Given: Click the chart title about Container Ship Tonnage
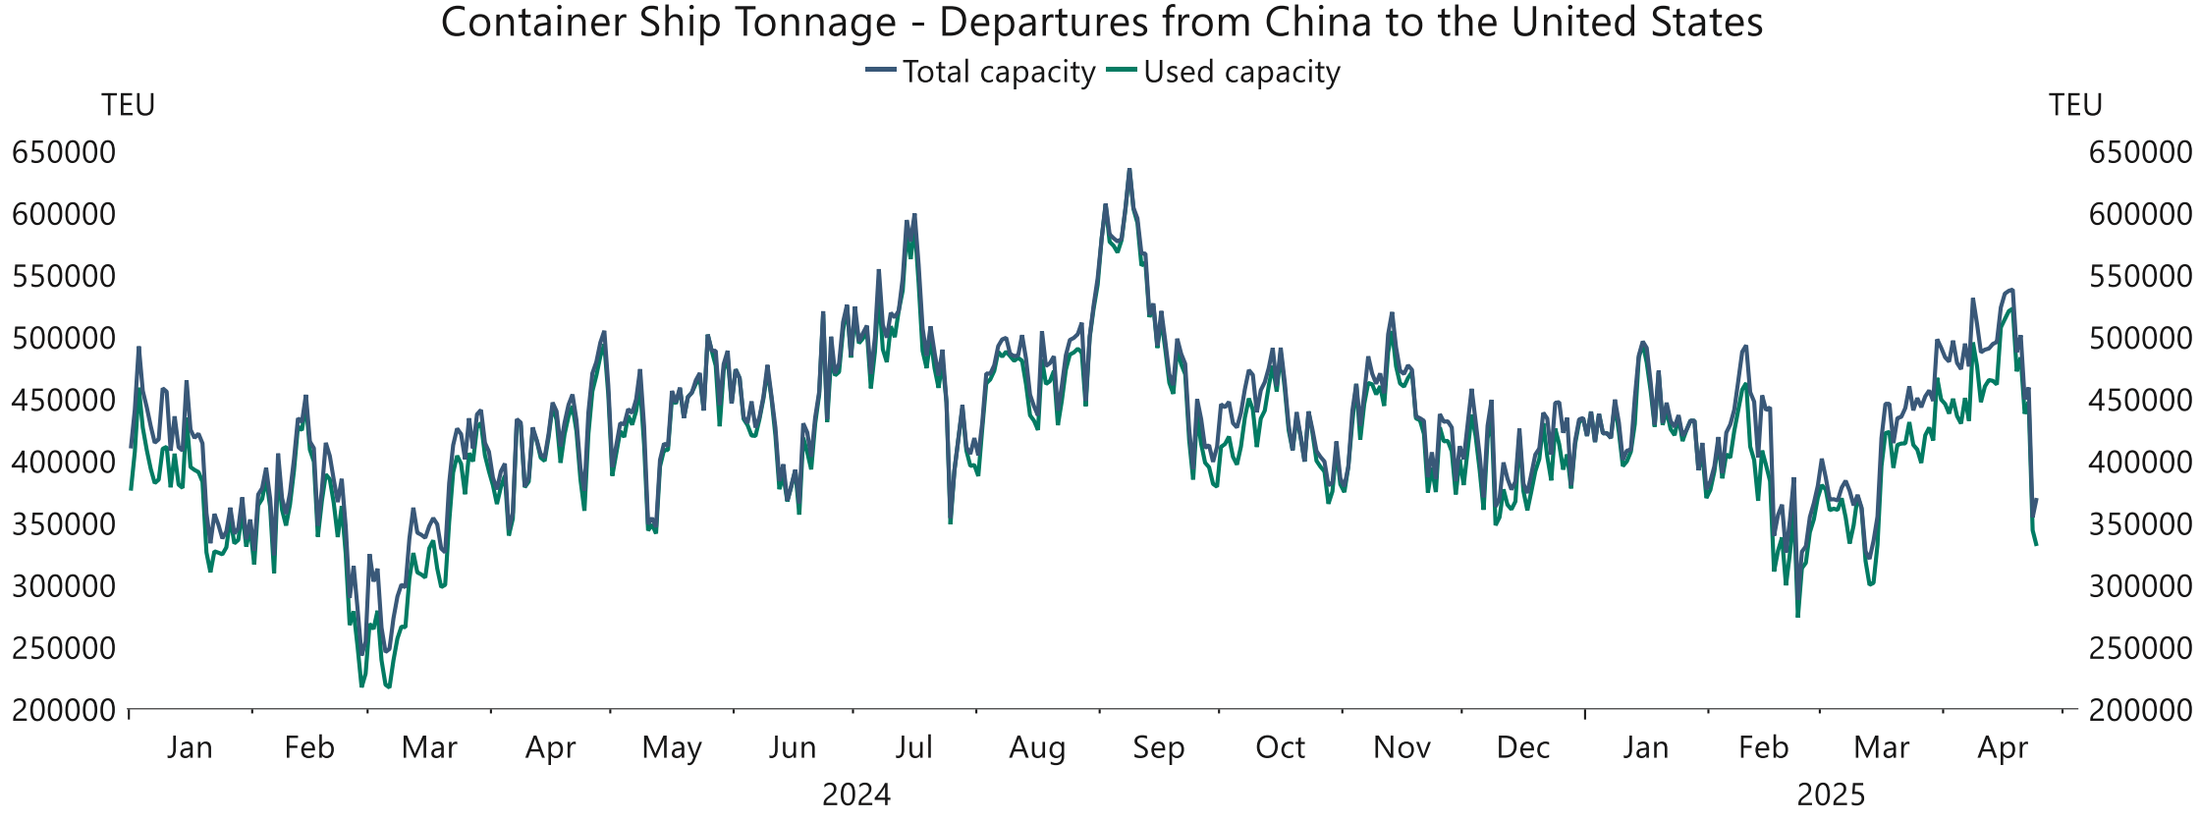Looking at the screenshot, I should pos(1101,23).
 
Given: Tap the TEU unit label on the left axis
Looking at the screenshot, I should pos(128,105).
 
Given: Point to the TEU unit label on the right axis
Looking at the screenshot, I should pos(2074,105).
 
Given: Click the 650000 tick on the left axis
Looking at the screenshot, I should pos(64,152).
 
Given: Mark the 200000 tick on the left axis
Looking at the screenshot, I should pos(64,710).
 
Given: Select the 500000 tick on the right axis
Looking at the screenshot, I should pos(2140,338).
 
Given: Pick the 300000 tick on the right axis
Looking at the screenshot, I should pos(2140,586).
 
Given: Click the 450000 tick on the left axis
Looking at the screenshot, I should pos(64,400).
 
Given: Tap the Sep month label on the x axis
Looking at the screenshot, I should pos(1158,748).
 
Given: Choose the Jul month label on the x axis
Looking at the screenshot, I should pos(913,748).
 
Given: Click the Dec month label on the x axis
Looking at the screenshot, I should pos(1522,748).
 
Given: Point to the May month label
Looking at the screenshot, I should pos(672,748).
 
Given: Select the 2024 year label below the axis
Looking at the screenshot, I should pos(856,794).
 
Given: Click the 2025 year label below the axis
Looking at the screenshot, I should pos(1831,794).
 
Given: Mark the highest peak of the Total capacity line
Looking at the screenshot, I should pos(1128,170).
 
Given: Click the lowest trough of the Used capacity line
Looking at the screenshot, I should pos(388,686).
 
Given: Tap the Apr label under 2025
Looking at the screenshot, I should pos(2002,748).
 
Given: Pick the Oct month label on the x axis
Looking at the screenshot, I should pos(1280,748).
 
